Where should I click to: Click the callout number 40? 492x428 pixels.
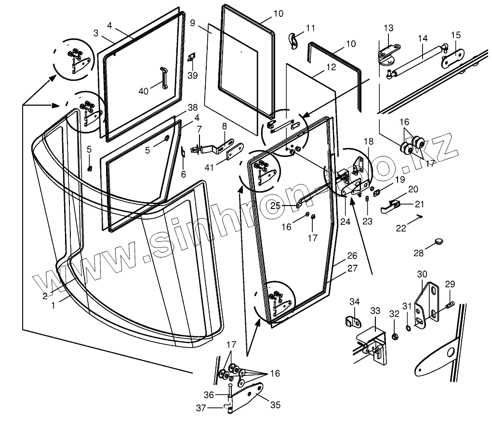click(x=144, y=91)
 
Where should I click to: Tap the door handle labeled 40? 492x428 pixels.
click(x=164, y=79)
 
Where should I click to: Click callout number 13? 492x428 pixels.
click(x=388, y=28)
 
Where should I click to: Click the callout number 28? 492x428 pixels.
click(x=418, y=252)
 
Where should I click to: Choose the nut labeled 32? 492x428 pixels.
click(x=395, y=335)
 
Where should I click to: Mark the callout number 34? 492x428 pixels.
click(x=355, y=302)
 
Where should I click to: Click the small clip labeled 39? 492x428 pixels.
click(x=191, y=58)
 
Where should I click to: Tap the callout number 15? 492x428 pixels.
click(x=456, y=35)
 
